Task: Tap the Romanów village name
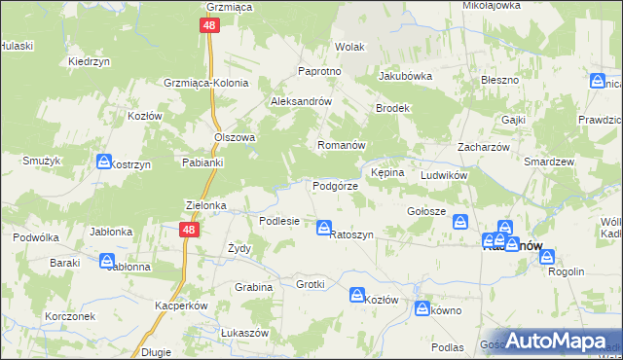tap(341, 145)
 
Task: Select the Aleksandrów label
tap(302, 101)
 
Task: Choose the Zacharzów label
tap(479, 147)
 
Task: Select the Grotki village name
tap(310, 284)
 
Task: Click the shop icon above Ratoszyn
tap(323, 228)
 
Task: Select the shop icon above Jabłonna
tap(107, 260)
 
